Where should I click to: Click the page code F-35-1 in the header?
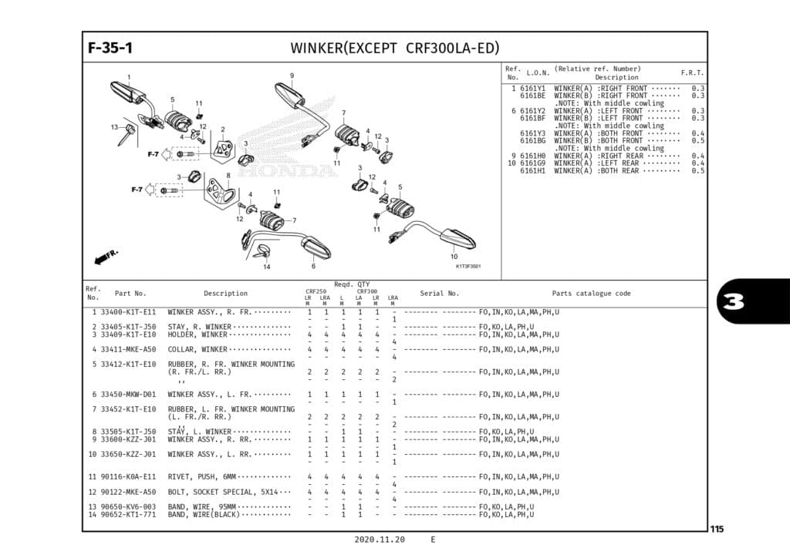[x=110, y=48]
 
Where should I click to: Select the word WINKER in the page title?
[x=318, y=48]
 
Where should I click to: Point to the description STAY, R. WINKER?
[x=199, y=327]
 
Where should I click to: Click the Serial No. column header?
[x=439, y=294]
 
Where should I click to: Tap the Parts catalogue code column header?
[x=591, y=294]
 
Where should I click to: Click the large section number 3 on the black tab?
[x=734, y=301]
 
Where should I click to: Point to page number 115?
[x=717, y=529]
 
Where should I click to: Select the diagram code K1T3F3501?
[x=468, y=267]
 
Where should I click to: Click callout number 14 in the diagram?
[x=266, y=267]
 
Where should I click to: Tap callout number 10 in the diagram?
[x=454, y=256]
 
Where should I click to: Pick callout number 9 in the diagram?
[x=292, y=76]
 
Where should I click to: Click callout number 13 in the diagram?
[x=113, y=127]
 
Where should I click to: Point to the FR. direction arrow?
[x=106, y=255]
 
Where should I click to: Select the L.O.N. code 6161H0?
[x=532, y=156]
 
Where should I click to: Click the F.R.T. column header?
[x=692, y=72]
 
